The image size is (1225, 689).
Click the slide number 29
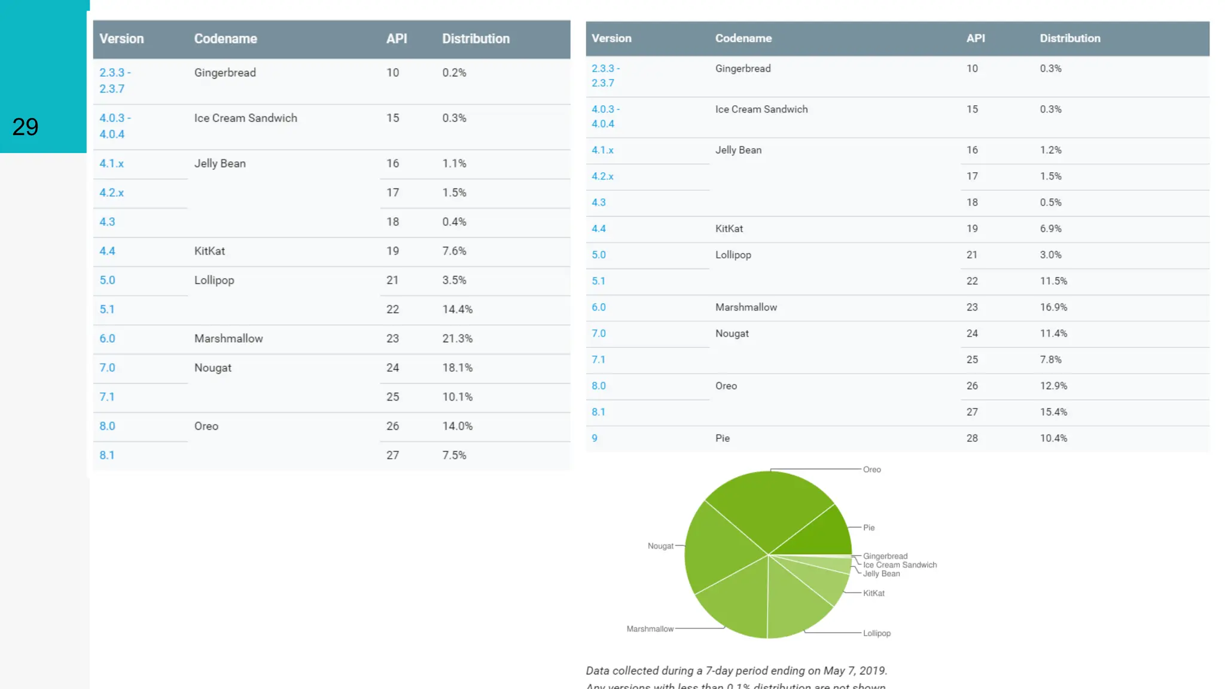(x=25, y=127)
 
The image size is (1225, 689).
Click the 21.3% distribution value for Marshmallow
(x=457, y=339)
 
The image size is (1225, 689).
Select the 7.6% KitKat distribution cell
(x=454, y=251)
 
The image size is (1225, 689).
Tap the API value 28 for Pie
(x=972, y=438)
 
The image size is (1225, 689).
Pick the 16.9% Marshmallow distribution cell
(x=1053, y=307)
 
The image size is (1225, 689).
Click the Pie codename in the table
(x=722, y=438)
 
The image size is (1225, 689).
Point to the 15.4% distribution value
(x=1053, y=412)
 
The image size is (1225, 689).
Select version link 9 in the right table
(x=595, y=438)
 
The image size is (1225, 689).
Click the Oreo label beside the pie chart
(x=871, y=470)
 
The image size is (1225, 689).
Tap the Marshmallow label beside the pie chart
(x=650, y=629)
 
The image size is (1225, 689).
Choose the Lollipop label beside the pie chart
(x=876, y=633)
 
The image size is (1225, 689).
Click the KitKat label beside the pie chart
(x=873, y=593)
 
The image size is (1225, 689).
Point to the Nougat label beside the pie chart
(x=660, y=546)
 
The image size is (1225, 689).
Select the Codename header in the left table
(x=226, y=39)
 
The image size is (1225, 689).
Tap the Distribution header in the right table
(x=1069, y=38)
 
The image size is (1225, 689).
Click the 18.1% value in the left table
(x=457, y=368)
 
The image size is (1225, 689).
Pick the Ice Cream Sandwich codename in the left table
(x=245, y=118)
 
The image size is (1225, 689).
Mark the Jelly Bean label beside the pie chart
(x=881, y=574)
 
